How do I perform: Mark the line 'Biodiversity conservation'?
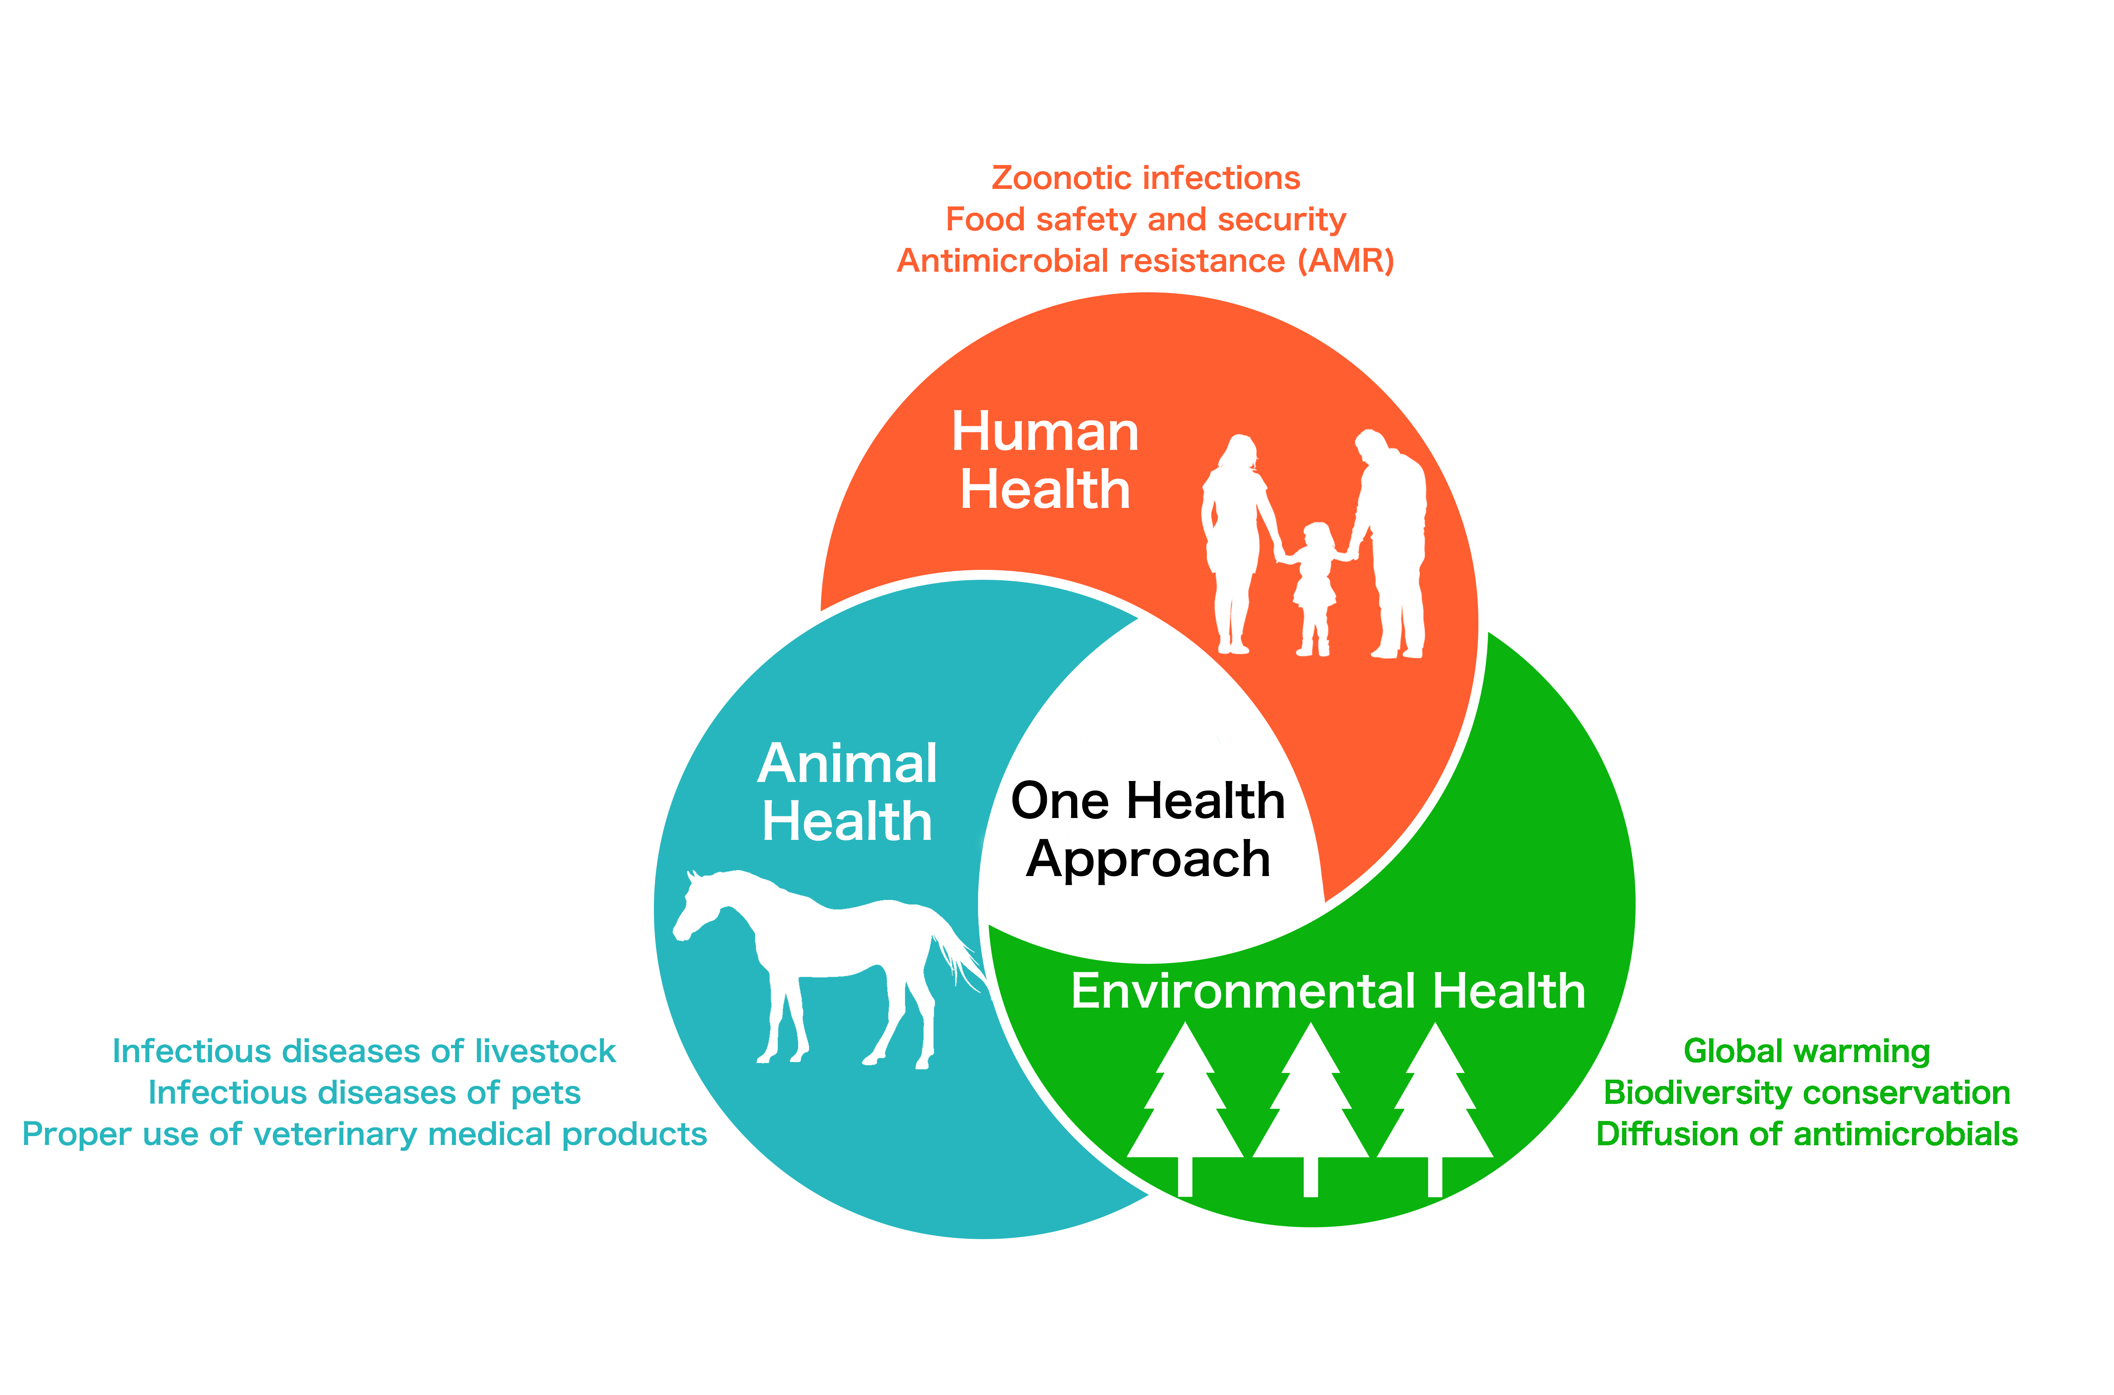click(1806, 1092)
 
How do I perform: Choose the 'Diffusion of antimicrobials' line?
click(1806, 1134)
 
